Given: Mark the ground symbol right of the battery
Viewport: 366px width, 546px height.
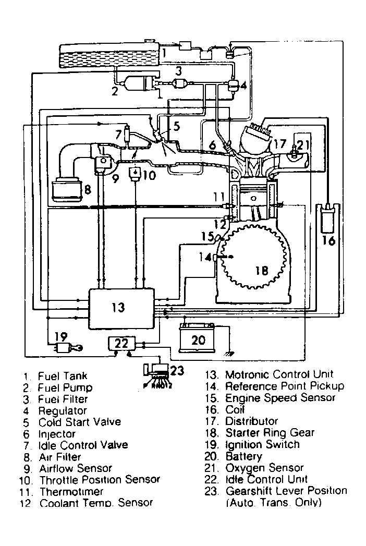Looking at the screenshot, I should pos(227,355).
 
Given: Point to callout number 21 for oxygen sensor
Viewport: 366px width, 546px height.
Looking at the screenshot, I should pos(304,145).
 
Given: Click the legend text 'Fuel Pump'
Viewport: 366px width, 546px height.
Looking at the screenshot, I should pos(65,387).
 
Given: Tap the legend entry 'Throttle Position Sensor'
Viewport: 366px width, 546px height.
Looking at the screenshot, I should pos(100,479).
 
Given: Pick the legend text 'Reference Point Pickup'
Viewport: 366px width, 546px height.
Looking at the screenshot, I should pos(284,386).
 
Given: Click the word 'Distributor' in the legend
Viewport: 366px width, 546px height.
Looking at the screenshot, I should pos(251,421).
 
